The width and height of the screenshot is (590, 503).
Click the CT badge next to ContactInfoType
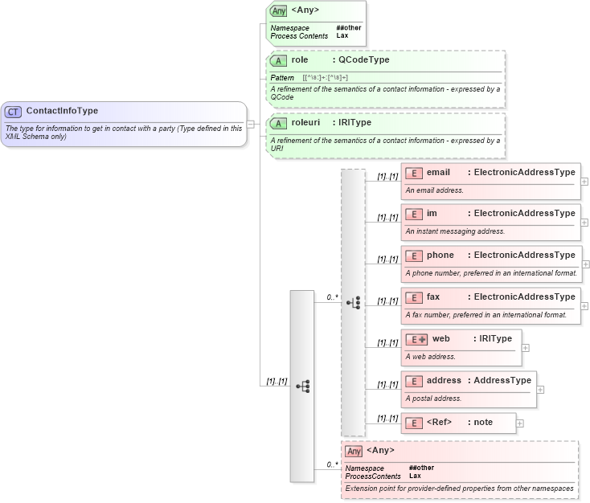click(14, 112)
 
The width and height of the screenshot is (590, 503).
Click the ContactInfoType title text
click(62, 112)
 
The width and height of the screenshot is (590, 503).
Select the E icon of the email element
click(414, 173)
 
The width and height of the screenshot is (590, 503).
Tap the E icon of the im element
click(414, 215)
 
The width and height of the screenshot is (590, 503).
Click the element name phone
click(440, 256)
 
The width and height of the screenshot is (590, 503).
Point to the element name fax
click(433, 297)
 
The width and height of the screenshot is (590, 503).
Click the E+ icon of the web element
click(417, 339)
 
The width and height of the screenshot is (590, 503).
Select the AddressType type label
click(502, 381)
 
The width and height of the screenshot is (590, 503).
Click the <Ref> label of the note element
click(439, 422)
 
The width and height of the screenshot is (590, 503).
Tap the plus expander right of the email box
click(584, 182)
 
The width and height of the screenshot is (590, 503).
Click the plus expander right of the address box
click(540, 390)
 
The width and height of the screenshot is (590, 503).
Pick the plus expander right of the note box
click(520, 423)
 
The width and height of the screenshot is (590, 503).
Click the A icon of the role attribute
click(278, 61)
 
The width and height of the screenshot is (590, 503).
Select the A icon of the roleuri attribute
click(278, 124)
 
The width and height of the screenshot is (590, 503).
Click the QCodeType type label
click(363, 60)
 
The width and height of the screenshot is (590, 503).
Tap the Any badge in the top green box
click(278, 11)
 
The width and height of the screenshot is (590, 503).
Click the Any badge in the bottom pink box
click(354, 451)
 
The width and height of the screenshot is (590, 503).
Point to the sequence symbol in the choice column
click(353, 302)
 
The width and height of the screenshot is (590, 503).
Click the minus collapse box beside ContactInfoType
click(251, 125)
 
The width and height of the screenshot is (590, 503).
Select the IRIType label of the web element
click(495, 339)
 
